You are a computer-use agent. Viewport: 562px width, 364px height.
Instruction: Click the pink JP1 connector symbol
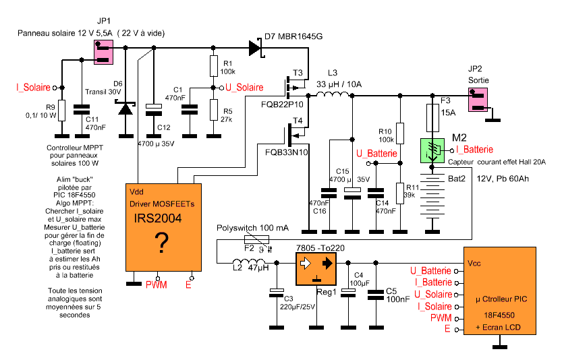click(103, 53)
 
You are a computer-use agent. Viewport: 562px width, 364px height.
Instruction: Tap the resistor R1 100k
click(213, 67)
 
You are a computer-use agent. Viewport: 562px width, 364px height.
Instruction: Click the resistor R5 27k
click(213, 109)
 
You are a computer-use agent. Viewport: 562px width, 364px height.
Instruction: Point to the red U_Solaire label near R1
click(244, 88)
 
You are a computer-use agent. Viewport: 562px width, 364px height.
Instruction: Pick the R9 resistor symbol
click(61, 111)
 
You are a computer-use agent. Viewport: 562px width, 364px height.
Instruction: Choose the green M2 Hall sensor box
click(432, 149)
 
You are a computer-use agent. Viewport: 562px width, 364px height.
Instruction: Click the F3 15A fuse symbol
click(432, 117)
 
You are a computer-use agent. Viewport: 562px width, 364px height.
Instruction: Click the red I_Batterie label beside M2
click(475, 149)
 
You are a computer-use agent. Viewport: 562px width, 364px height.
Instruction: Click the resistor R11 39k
click(399, 193)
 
